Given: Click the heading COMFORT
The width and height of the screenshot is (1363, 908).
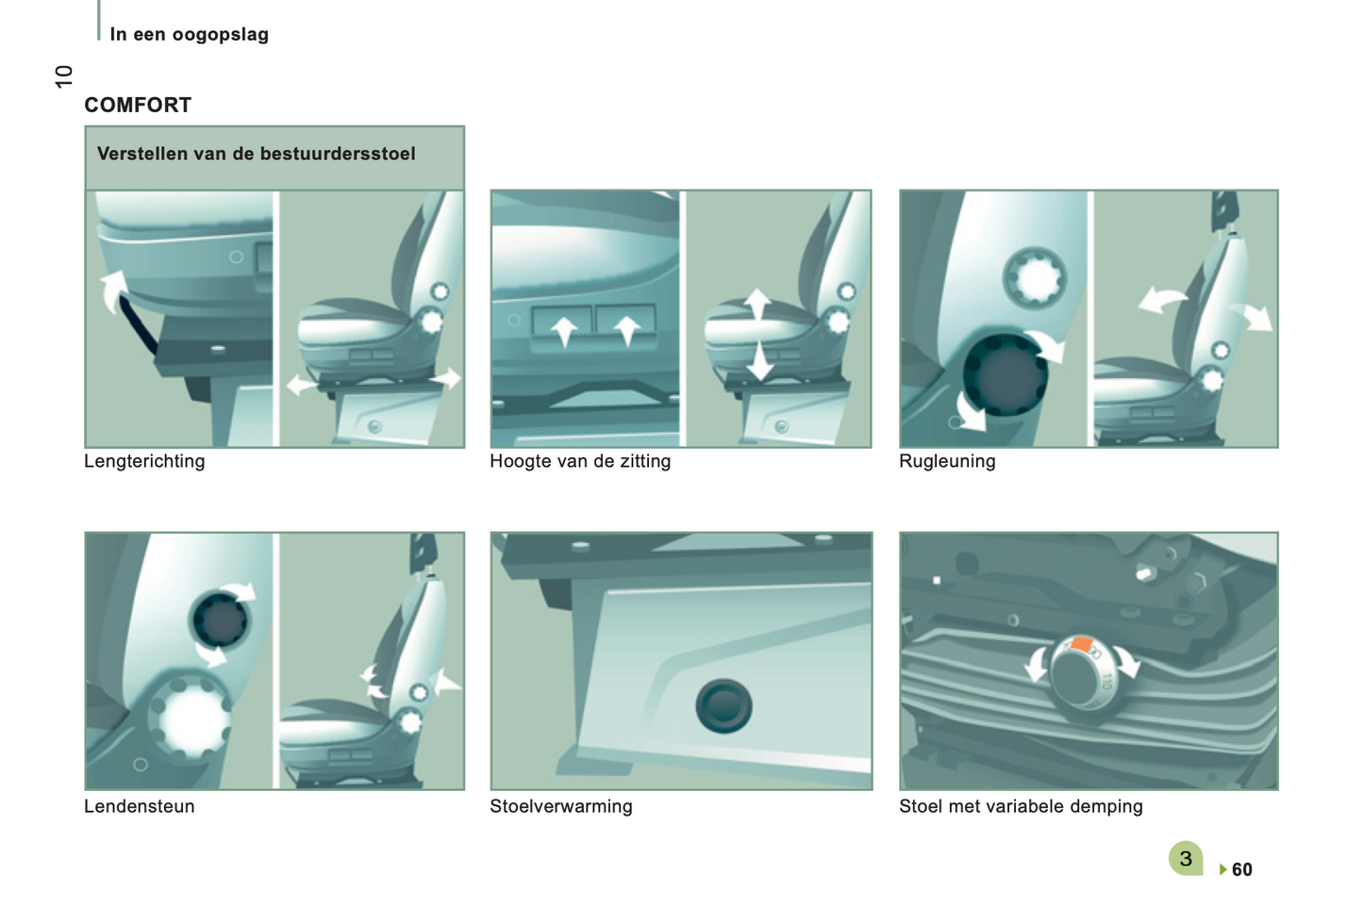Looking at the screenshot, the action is tap(138, 106).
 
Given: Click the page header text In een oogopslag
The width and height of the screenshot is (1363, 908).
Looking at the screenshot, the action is tap(190, 35).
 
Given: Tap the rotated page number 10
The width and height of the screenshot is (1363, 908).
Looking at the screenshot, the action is tap(64, 76).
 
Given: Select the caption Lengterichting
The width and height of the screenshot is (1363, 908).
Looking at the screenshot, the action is tap(144, 461).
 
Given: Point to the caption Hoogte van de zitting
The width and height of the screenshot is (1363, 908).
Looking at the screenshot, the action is tap(580, 461).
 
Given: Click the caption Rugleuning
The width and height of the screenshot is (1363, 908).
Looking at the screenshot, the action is tap(947, 461).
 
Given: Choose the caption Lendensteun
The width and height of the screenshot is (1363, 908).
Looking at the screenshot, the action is tap(140, 806).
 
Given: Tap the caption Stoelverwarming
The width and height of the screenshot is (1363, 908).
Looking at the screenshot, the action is tap(561, 806).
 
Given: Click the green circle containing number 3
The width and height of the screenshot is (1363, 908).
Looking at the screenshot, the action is tap(1186, 858).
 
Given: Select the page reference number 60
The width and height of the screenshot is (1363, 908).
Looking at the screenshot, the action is tap(1242, 869).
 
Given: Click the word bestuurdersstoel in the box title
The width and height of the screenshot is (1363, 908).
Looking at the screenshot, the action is tap(338, 154).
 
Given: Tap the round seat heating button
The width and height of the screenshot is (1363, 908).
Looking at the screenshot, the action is tap(723, 706).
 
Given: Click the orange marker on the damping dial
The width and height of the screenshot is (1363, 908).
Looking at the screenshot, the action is tap(1081, 644).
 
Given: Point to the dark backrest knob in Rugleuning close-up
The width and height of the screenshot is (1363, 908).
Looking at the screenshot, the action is tap(1006, 375).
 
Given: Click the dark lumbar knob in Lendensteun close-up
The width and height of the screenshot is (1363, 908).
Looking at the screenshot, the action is tap(220, 619).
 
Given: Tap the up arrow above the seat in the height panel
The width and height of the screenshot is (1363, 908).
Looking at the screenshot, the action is tap(756, 305).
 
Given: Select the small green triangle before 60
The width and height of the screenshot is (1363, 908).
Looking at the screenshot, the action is tap(1223, 869).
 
